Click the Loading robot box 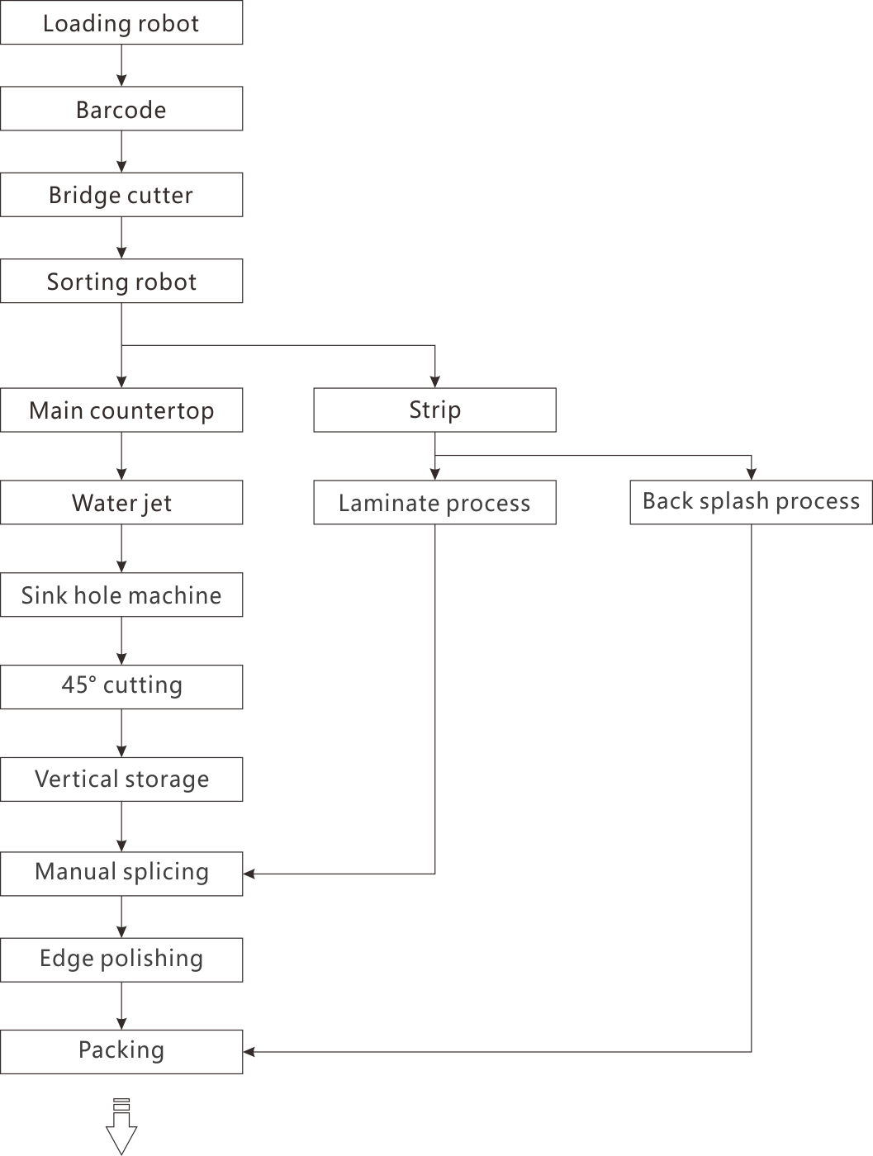121,22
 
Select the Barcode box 121,108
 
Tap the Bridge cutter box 121,195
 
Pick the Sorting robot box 121,281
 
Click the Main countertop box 121,410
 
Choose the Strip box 435,410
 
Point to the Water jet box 121,502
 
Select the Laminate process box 435,502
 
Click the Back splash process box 752,502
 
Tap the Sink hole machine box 121,595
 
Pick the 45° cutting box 121,687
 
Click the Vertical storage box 121,779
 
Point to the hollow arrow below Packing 121,1127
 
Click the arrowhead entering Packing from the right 249,1052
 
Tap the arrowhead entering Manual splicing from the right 249,874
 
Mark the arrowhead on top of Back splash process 752,474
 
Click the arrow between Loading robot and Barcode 121,65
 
